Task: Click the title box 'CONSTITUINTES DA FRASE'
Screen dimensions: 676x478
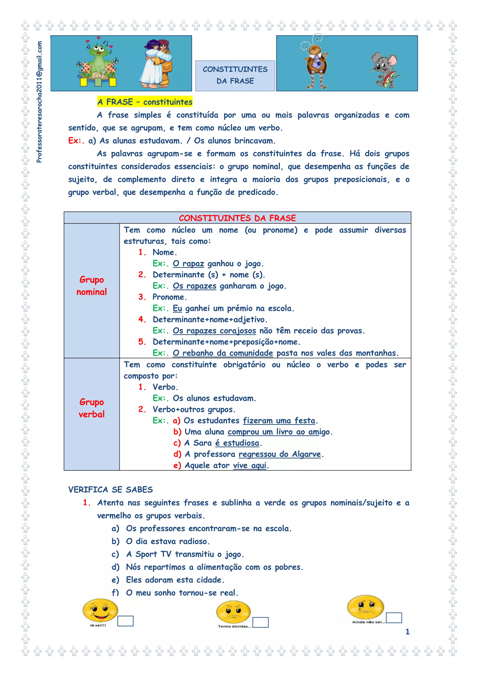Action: pos(235,75)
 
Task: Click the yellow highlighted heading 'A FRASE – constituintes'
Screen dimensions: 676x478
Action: pos(145,102)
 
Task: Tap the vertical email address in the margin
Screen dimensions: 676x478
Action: pos(39,102)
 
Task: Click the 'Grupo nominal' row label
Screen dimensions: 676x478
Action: pos(91,285)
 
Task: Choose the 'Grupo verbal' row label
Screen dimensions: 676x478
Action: pos(91,408)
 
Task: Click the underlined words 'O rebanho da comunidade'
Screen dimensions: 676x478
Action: pos(223,353)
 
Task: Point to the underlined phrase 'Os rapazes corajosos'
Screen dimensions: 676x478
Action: pos(214,331)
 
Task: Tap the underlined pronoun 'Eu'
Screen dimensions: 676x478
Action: pos(177,308)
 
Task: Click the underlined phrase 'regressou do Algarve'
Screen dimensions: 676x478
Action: pos(280,454)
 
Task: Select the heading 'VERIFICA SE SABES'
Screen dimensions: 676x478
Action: pos(110,490)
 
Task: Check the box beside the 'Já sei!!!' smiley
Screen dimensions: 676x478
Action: pos(125,621)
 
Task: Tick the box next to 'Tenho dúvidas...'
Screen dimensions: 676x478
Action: pos(260,622)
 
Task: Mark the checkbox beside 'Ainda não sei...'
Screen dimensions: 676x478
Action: pos(394,618)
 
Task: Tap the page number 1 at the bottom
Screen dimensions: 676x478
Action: pos(407,632)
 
